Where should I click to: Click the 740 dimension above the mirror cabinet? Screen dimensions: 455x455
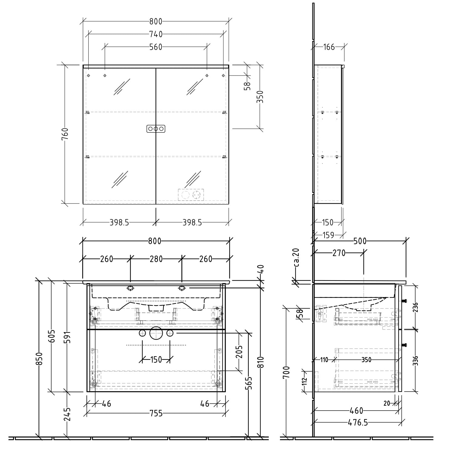(x=156, y=34)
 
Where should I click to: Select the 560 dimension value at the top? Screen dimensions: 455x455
(x=156, y=47)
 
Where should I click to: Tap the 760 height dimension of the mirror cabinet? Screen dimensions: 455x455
(x=65, y=134)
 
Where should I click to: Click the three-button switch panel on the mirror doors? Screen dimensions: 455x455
(x=156, y=129)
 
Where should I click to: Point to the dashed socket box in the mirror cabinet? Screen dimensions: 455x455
(x=190, y=195)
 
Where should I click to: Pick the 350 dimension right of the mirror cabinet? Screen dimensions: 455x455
(x=260, y=97)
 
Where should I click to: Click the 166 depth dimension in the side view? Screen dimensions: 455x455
(x=329, y=47)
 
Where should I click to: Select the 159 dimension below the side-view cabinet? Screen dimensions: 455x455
(x=328, y=235)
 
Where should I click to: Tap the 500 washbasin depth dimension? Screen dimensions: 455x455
(x=360, y=241)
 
